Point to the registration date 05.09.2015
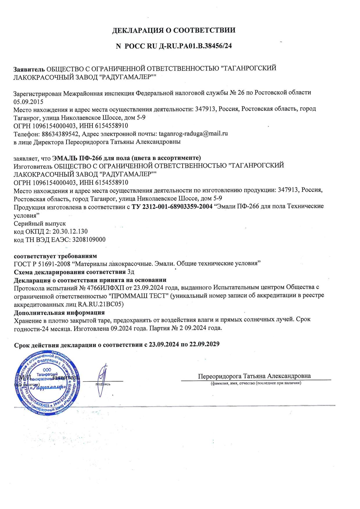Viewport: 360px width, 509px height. coord(28,102)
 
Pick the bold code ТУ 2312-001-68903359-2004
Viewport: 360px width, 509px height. coord(172,207)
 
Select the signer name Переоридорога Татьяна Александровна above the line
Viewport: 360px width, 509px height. coord(254,376)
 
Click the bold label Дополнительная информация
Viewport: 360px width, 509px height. coord(59,313)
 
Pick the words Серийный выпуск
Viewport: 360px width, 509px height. coord(40,223)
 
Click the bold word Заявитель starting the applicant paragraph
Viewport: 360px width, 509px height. coord(29,69)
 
